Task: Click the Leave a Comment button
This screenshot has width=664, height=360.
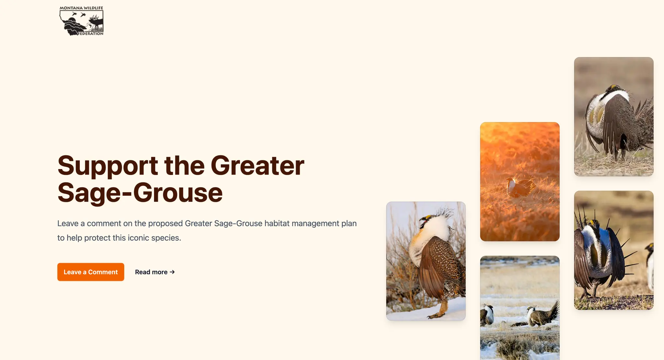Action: point(91,272)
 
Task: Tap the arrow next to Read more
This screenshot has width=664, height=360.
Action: point(172,272)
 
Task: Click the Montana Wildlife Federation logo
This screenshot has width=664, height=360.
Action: point(81,21)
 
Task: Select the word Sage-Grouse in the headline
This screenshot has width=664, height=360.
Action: point(140,192)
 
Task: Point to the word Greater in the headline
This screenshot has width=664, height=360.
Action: point(257,166)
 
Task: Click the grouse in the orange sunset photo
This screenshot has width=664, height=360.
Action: point(520,187)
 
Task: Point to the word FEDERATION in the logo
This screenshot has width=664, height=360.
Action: point(90,33)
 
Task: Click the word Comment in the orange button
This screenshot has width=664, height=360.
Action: point(103,272)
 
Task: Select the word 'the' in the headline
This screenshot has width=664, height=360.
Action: point(184,166)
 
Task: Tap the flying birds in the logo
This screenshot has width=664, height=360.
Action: point(79,14)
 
